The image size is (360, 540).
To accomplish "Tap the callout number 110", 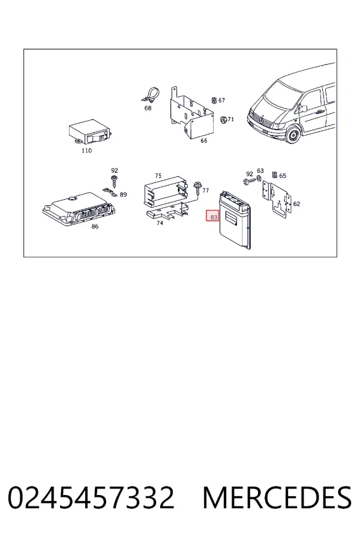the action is pyautogui.click(x=86, y=151).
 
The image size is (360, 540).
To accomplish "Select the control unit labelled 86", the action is pyautogui.click(x=79, y=208).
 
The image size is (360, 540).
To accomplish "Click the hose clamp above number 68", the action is pyautogui.click(x=151, y=96).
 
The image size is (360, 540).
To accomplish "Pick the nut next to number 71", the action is pyautogui.click(x=223, y=119).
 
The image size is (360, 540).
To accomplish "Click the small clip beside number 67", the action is pyautogui.click(x=214, y=100).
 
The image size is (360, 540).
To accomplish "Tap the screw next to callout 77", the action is pyautogui.click(x=198, y=188).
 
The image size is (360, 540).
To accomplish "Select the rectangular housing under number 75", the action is pyautogui.click(x=166, y=193).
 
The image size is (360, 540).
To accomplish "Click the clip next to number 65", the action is pyautogui.click(x=275, y=175).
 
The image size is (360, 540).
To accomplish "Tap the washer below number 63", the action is pyautogui.click(x=259, y=178).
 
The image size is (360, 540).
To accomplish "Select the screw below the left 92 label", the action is pyautogui.click(x=113, y=181).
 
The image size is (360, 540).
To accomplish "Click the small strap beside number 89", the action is pyautogui.click(x=110, y=191).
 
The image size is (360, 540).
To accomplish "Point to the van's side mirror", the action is pyautogui.click(x=304, y=109).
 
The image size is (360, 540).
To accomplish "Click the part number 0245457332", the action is pyautogui.click(x=91, y=497).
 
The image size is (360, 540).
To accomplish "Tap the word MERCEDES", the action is pyautogui.click(x=277, y=497).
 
